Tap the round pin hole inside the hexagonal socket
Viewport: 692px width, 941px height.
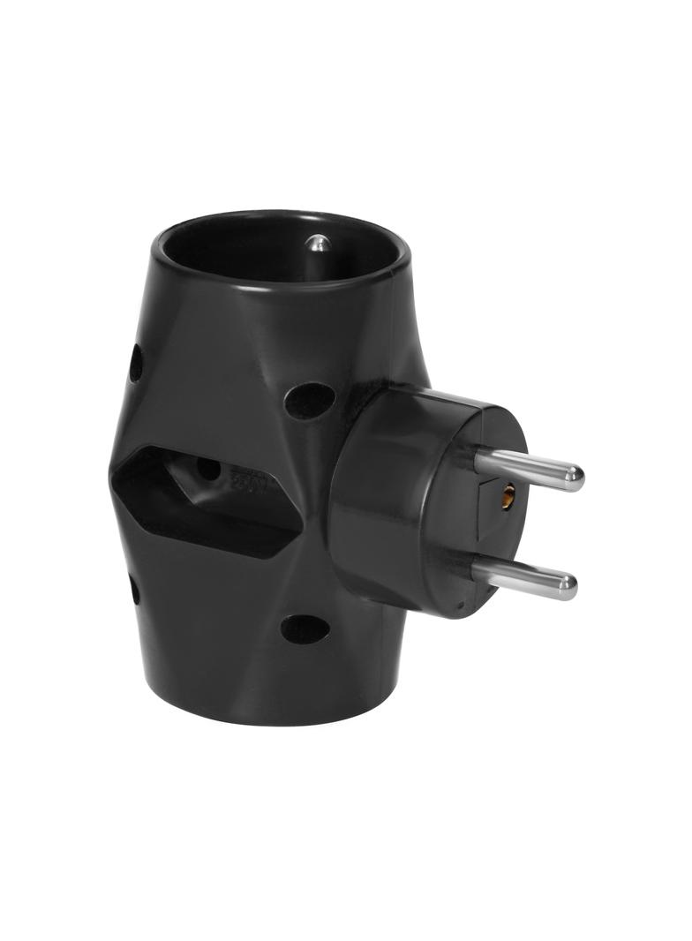point(208,469)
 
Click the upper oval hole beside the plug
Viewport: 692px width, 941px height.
point(311,400)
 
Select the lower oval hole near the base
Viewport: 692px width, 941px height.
point(305,629)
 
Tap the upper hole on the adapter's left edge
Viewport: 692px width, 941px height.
point(136,363)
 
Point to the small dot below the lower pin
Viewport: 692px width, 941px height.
point(460,606)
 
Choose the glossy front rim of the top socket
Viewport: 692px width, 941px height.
point(282,281)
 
